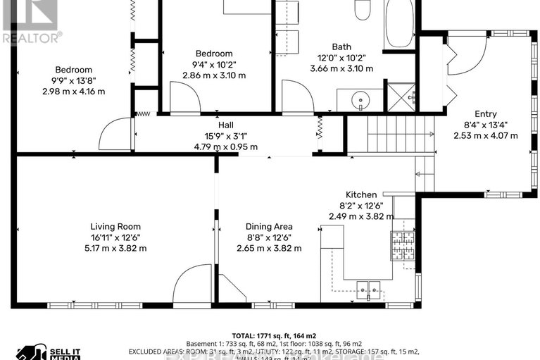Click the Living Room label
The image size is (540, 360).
click(118, 226)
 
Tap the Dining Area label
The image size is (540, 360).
click(269, 226)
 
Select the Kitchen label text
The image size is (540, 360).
click(360, 194)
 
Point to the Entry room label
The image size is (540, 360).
click(485, 114)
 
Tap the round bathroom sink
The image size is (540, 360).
click(361, 101)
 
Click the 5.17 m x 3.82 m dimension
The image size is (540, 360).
click(118, 248)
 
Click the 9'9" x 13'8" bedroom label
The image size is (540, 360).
click(74, 80)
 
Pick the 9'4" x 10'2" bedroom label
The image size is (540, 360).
click(213, 64)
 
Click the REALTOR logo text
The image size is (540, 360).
click(31, 37)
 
